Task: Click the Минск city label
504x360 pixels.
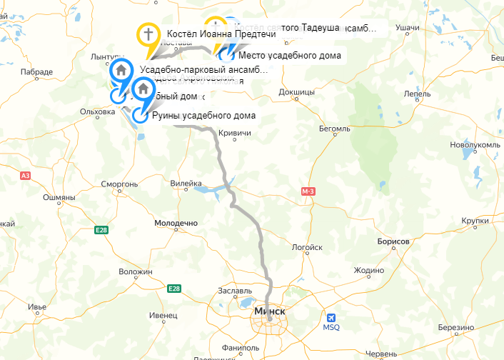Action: click(x=270, y=312)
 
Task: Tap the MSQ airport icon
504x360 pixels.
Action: click(x=331, y=318)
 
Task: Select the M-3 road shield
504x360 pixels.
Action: click(x=308, y=191)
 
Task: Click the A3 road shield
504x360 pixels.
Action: click(x=26, y=175)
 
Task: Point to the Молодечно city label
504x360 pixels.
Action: click(x=176, y=224)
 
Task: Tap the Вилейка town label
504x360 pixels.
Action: click(x=186, y=184)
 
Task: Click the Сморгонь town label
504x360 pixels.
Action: click(x=119, y=184)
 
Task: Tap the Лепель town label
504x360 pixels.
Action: click(x=417, y=94)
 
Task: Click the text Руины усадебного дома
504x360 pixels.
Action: click(x=203, y=116)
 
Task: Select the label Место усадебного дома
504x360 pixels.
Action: click(x=290, y=55)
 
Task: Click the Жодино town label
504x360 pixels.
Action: click(x=369, y=270)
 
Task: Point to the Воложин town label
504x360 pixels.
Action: click(x=136, y=272)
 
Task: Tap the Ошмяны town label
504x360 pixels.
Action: click(x=59, y=197)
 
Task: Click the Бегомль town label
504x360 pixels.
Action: click(x=333, y=129)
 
